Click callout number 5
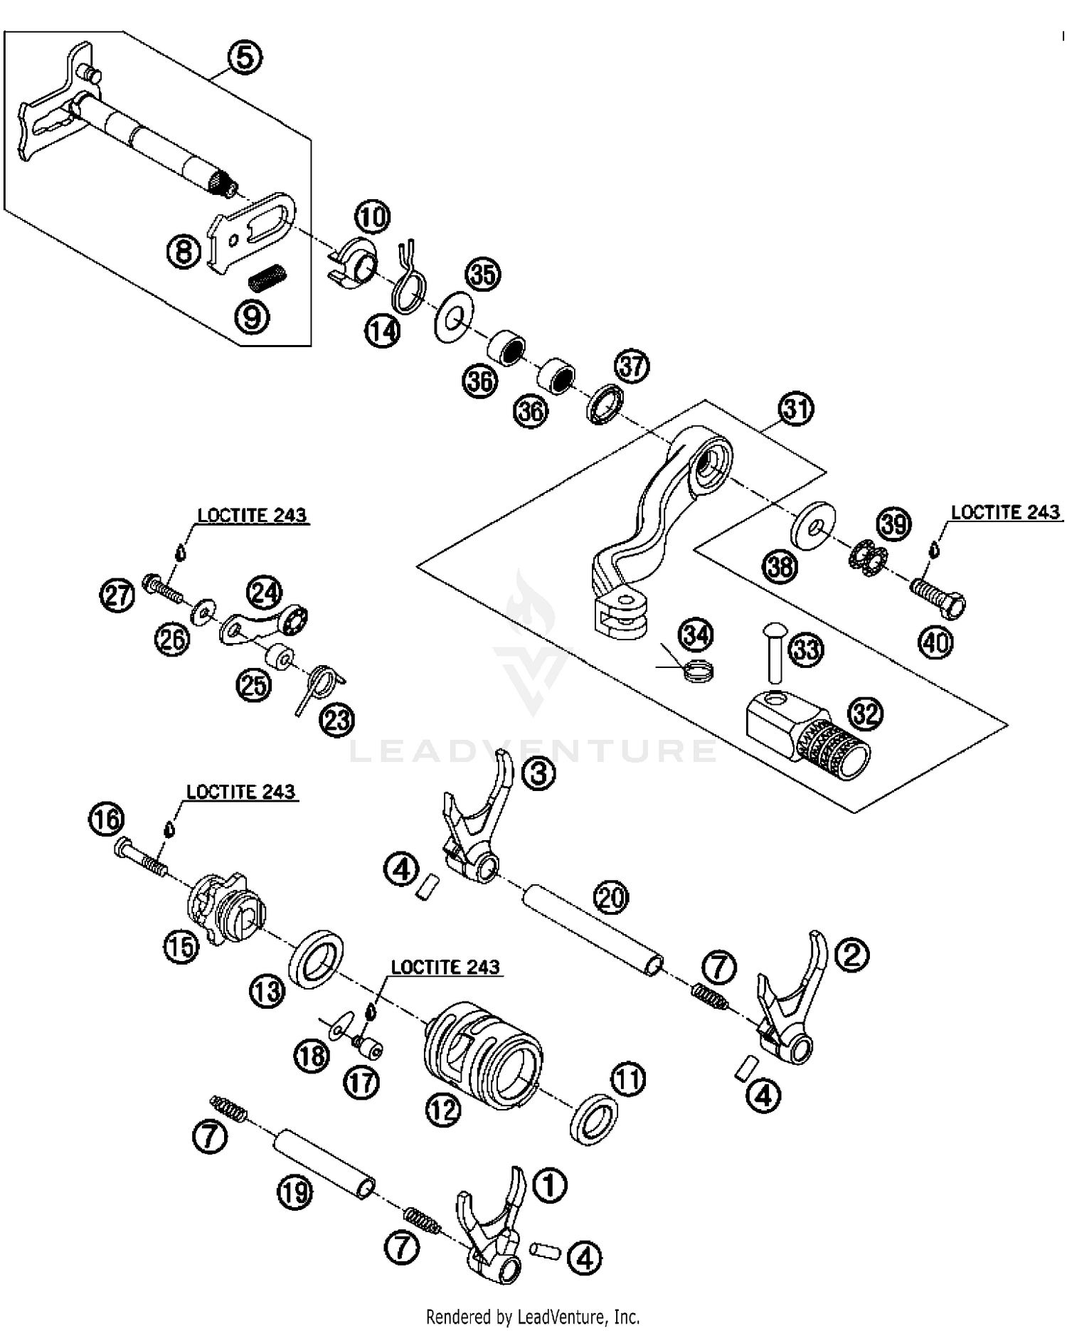tap(244, 57)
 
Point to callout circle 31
tap(796, 409)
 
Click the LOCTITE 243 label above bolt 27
tap(252, 515)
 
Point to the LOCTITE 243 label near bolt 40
tap(1005, 512)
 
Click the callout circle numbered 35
tap(483, 274)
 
